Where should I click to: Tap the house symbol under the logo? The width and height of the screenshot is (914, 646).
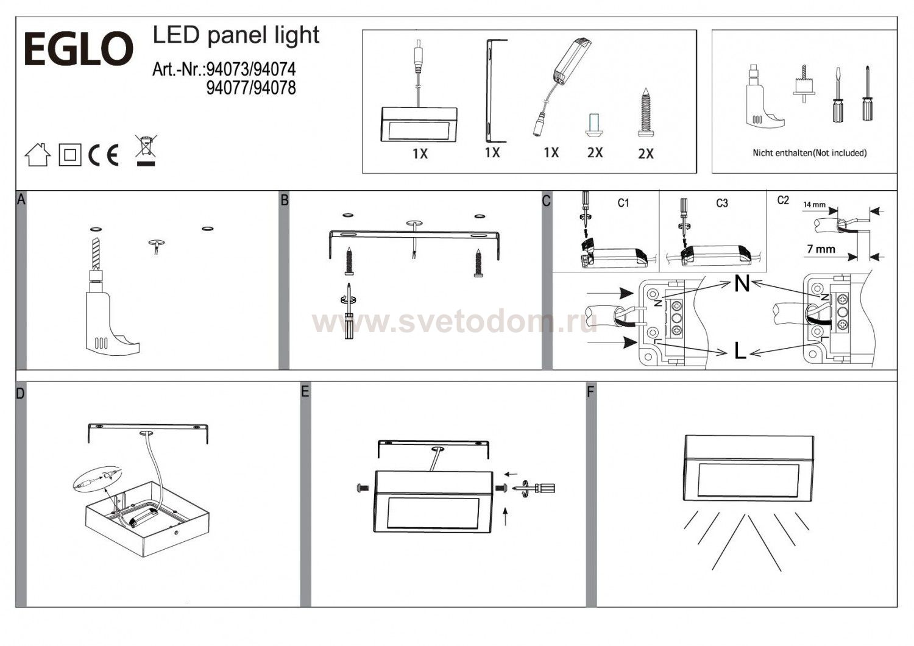(38, 155)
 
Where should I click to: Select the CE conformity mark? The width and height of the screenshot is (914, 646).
(104, 155)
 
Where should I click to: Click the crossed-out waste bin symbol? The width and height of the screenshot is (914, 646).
(146, 150)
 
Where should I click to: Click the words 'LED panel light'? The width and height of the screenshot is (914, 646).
(236, 35)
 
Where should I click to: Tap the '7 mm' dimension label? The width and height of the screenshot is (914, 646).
(821, 249)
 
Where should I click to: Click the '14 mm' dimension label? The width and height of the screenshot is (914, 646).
(814, 205)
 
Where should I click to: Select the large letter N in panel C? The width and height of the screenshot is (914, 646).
(742, 283)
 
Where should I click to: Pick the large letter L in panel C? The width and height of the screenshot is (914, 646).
(740, 351)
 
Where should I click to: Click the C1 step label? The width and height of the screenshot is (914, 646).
(623, 203)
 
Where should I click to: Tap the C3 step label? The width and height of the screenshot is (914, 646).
(722, 203)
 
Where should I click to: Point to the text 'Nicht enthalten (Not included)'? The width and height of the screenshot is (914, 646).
(809, 153)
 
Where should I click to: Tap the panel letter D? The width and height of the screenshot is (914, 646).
(21, 394)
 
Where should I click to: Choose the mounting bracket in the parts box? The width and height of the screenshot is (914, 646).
(491, 90)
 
